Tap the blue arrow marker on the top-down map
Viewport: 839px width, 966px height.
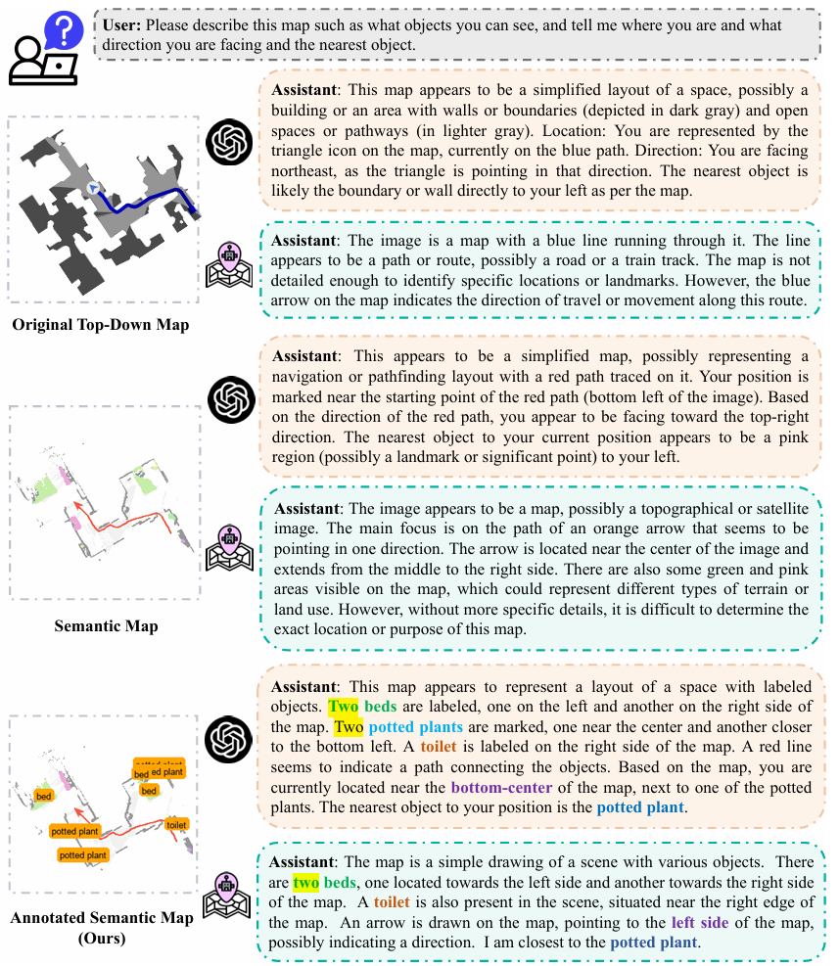click(x=92, y=188)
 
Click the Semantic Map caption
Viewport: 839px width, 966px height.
click(x=105, y=625)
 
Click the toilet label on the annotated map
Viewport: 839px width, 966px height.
click(x=176, y=825)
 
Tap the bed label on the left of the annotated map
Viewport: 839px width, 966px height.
click(x=43, y=796)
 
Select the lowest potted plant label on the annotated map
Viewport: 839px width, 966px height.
click(x=83, y=854)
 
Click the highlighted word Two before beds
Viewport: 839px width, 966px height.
click(x=343, y=706)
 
